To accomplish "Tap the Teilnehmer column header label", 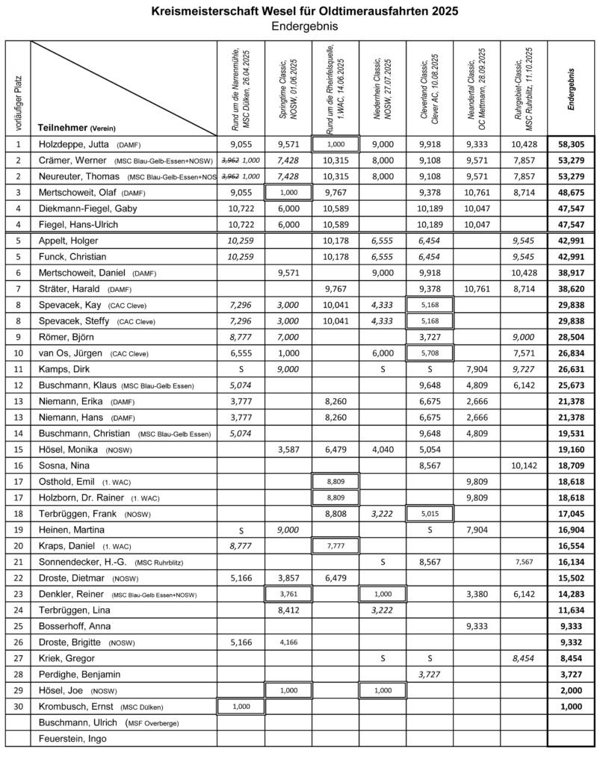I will point(64,127).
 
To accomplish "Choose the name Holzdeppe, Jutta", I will point(76,144).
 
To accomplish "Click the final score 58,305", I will point(570,144).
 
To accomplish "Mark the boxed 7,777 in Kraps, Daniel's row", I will point(335,546).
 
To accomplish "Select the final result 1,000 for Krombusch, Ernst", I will point(570,704).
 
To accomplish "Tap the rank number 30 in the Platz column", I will point(17,704).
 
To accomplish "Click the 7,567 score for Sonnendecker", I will point(525,561).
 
